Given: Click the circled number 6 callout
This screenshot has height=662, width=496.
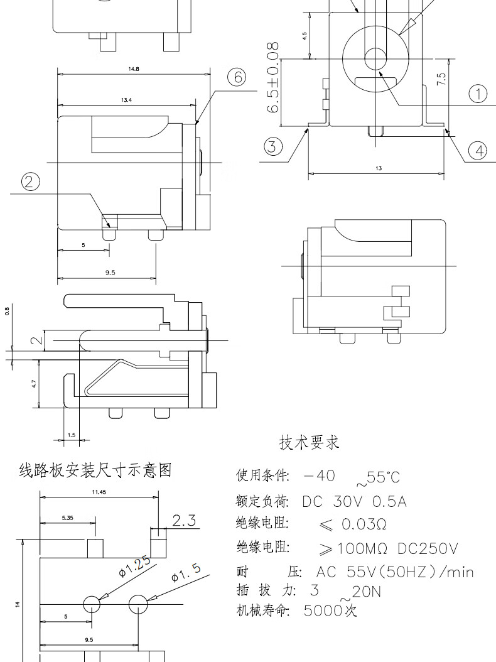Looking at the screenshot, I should [x=236, y=77].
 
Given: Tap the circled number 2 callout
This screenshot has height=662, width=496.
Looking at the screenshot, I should [x=30, y=182].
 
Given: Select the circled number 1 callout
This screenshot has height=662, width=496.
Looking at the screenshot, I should [x=478, y=94].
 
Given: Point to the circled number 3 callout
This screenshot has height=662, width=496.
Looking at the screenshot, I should [x=272, y=146].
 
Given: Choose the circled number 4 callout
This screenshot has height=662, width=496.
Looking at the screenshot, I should [x=478, y=150].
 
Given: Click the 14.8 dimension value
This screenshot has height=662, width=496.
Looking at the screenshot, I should [x=133, y=68].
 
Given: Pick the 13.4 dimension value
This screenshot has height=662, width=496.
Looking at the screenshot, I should [x=126, y=100].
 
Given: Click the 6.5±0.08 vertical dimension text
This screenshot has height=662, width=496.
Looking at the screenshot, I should [x=273, y=78].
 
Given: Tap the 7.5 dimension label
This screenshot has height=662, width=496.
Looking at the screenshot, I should [x=441, y=79].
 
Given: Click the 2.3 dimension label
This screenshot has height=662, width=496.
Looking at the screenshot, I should [x=184, y=521].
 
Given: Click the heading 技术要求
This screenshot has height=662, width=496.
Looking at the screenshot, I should [x=309, y=443].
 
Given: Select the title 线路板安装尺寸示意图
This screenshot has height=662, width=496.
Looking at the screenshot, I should [x=95, y=470].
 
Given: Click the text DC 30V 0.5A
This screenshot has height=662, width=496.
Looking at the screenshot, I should [x=354, y=502].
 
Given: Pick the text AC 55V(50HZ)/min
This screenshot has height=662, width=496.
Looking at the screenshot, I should [x=394, y=572].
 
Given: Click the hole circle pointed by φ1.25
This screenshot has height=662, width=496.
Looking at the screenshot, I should [x=92, y=604].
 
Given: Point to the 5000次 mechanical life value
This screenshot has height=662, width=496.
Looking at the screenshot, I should [x=330, y=610].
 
